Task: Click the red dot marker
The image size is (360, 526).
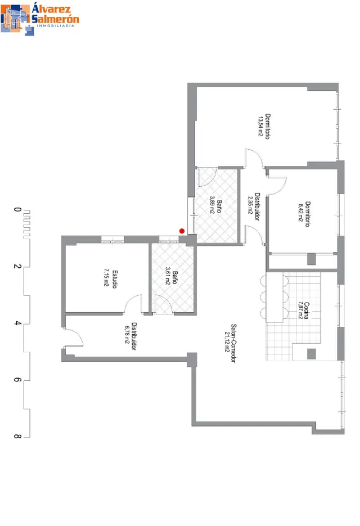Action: point(182,231)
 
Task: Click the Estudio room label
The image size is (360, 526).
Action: point(115,279)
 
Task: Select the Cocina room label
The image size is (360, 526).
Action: point(307,311)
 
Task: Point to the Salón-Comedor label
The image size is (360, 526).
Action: point(233,343)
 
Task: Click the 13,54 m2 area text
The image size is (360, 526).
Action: point(260,126)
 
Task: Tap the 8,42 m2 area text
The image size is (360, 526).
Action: point(300,212)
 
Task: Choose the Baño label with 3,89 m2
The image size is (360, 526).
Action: point(219,206)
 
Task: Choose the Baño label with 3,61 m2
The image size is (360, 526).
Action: point(174,277)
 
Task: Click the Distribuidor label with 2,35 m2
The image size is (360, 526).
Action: point(257,206)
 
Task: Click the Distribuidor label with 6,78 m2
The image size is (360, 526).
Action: point(134,336)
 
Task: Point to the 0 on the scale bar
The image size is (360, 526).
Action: point(17,209)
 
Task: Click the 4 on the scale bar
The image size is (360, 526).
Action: point(17,323)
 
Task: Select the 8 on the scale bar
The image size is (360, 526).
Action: point(17,437)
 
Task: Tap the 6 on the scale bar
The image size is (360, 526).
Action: point(17,380)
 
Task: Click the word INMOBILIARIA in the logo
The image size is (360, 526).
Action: point(55,26)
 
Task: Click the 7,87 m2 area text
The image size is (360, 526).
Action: point(300,310)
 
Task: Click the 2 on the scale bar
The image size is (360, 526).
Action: point(17,266)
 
